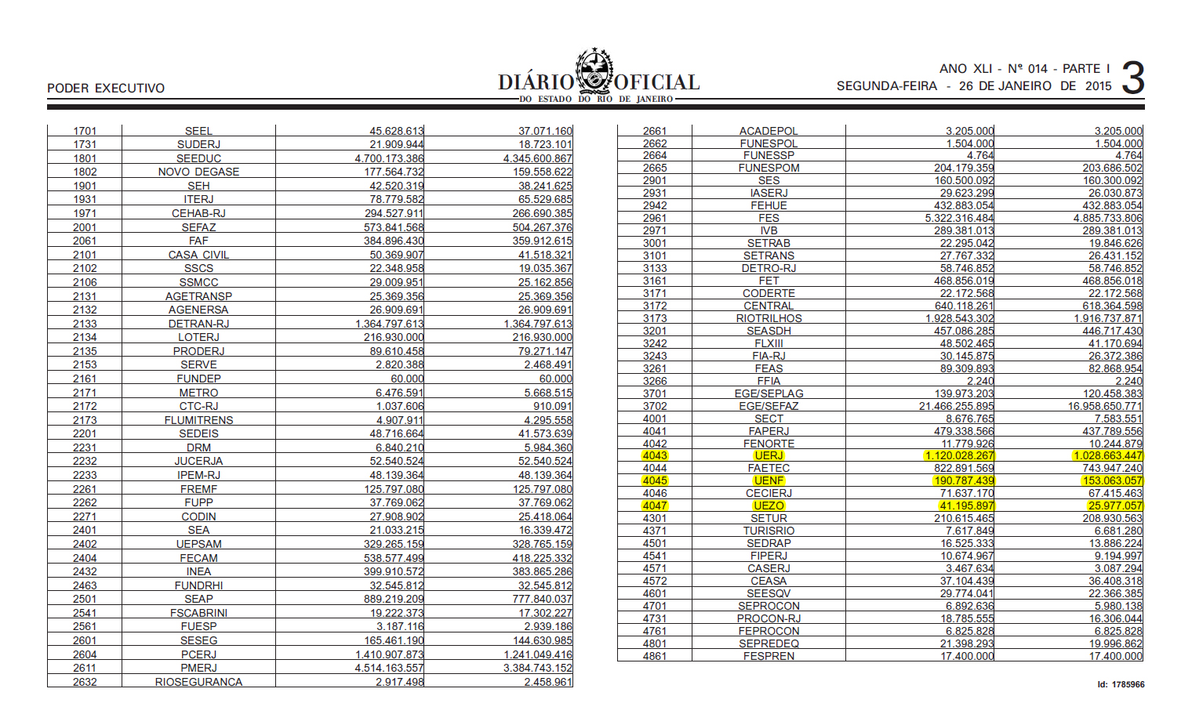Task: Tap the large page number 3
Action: (x=1132, y=78)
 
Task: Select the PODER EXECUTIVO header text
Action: (x=106, y=88)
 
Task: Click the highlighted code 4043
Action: (x=654, y=455)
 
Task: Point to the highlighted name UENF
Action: (x=769, y=480)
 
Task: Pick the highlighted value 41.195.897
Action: (x=964, y=506)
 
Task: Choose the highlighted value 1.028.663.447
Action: (x=1108, y=455)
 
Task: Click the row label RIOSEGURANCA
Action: (x=198, y=682)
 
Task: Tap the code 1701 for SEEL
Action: (x=85, y=131)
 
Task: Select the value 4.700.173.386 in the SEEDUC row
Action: (x=389, y=158)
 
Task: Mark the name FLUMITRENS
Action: (x=198, y=420)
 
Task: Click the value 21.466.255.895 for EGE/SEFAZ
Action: (x=956, y=406)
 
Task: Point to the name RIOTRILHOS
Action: (x=769, y=318)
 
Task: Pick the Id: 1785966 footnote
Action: (x=1121, y=684)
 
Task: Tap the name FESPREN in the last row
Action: (x=769, y=656)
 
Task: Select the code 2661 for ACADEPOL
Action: (x=654, y=131)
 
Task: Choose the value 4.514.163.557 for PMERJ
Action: (x=389, y=668)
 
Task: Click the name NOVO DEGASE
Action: (x=198, y=172)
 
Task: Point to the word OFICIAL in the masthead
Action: (x=656, y=82)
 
